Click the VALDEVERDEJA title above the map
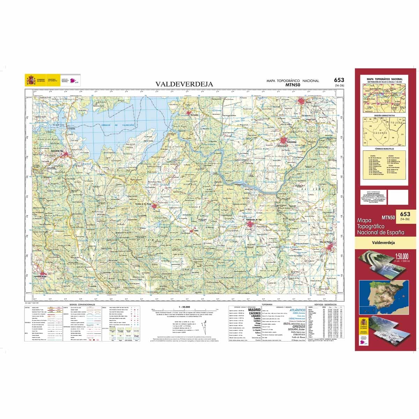184,84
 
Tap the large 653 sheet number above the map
338,80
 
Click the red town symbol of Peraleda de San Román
155,206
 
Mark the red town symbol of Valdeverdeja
283,140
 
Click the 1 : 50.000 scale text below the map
183,307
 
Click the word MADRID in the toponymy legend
254,310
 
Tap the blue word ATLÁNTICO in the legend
297,310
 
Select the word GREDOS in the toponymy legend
296,327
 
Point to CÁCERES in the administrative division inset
379,133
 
